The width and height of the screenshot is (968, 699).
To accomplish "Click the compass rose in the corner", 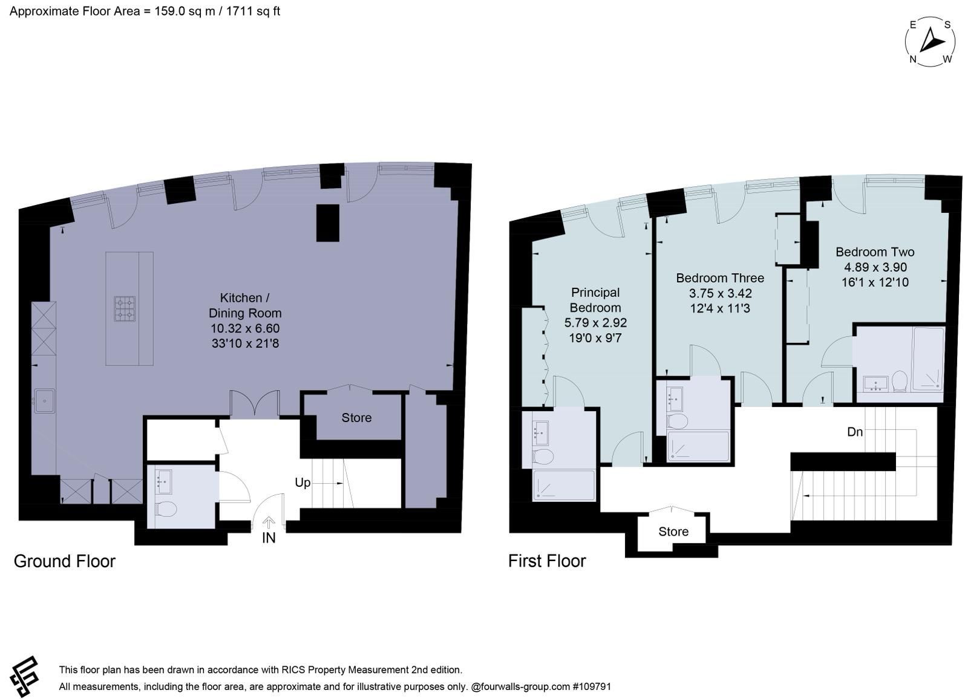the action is pos(930,42).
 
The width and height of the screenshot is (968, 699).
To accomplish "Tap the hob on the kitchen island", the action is pos(125,309).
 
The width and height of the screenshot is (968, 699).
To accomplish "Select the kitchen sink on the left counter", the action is pos(45,402).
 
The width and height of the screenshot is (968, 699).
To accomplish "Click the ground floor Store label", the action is pos(356,418).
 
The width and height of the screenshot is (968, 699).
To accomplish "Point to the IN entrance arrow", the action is pos(269,523).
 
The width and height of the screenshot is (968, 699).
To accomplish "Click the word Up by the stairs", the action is pos(302,483).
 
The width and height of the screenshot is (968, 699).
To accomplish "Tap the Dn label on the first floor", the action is pos(855,432).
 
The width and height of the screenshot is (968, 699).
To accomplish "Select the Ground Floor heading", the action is pos(65,561).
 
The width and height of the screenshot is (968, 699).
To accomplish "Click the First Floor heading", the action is pos(547,561).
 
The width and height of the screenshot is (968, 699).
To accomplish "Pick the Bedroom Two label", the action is pos(875,252).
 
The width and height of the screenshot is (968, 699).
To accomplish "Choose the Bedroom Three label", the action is pos(720,278).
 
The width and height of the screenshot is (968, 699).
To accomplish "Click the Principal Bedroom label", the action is pos(595,301).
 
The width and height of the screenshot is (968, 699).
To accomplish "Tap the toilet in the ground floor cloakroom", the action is pos(165,509).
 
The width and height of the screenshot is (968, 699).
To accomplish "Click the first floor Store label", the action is pos(673,532).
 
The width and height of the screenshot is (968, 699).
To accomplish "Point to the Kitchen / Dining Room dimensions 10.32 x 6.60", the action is pos(245,328).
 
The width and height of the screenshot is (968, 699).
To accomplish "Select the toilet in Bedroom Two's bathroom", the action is pos(900,380).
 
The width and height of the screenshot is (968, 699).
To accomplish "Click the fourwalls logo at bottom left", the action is pos(25,676).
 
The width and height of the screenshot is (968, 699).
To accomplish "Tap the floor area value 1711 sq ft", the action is pos(253,11).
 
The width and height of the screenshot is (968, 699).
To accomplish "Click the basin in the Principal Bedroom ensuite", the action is pos(540,432).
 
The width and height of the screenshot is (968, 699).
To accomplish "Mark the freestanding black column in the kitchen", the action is pos(327,223).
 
